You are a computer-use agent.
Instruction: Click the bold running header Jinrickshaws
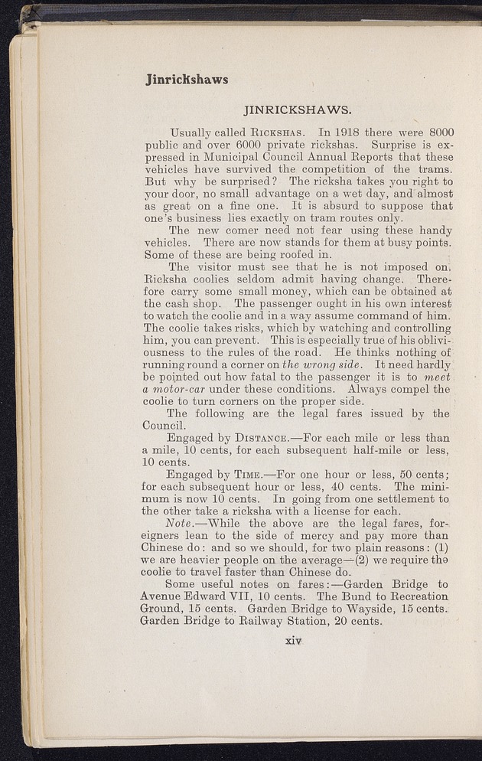(187, 79)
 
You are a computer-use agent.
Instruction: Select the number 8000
(434, 132)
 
